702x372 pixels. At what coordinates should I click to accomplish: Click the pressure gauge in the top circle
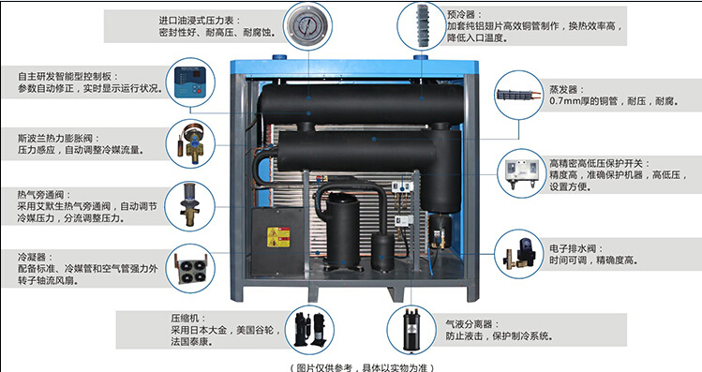(x=309, y=25)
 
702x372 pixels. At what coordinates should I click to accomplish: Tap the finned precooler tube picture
(x=422, y=25)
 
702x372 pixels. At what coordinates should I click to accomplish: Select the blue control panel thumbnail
(x=190, y=82)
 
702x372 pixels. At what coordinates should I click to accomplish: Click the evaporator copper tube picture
(x=518, y=96)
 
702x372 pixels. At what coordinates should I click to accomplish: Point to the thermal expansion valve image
(x=190, y=143)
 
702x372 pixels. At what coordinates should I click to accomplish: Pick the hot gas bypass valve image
(x=190, y=206)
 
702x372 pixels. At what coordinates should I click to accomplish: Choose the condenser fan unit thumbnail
(x=190, y=269)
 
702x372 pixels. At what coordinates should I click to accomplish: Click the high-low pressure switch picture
(x=521, y=173)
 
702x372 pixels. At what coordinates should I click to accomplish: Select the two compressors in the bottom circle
(x=311, y=329)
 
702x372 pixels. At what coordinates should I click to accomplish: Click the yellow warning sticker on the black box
(x=278, y=237)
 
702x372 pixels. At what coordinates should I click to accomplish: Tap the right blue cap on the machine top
(x=421, y=57)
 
